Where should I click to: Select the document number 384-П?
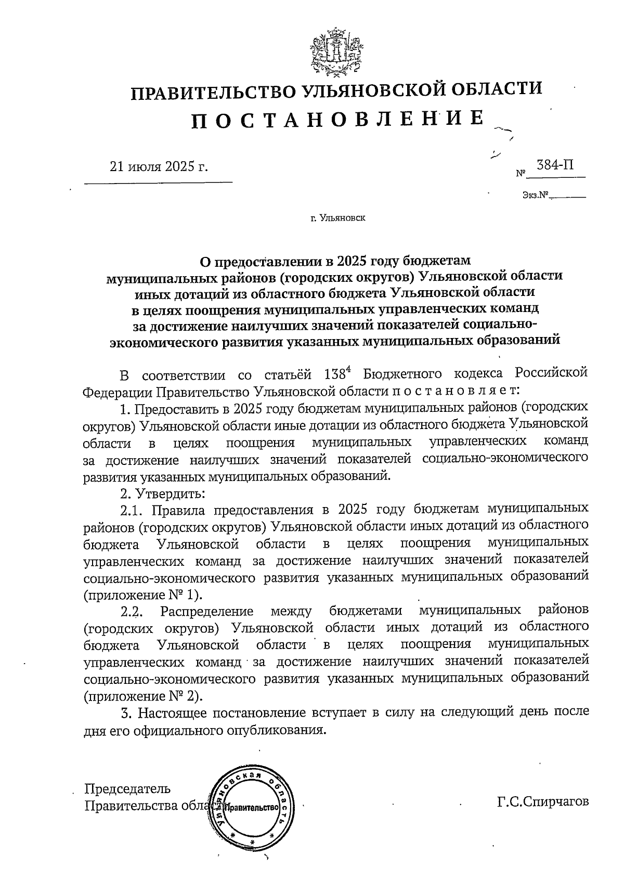(555, 165)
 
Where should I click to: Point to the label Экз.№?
(536, 196)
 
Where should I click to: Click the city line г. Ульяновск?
(337, 218)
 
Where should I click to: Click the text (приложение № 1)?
(143, 594)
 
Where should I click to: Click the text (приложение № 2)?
(143, 696)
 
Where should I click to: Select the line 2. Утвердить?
(163, 492)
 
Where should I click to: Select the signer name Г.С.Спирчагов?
(543, 801)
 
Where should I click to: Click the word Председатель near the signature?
(127, 789)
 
